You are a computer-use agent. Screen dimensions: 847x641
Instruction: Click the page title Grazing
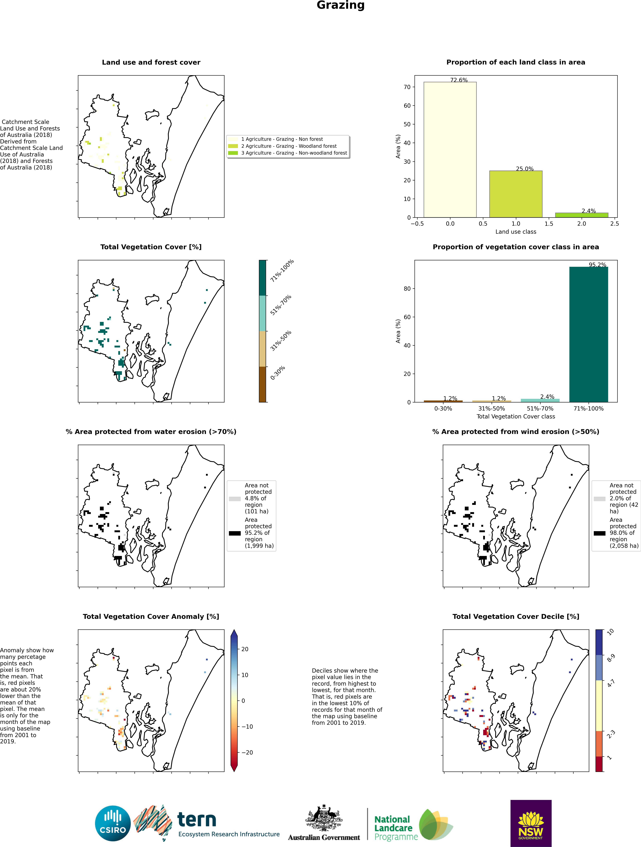[340, 5]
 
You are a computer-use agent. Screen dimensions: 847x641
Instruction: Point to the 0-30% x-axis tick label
[443, 409]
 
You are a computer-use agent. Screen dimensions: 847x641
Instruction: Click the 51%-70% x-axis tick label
[540, 409]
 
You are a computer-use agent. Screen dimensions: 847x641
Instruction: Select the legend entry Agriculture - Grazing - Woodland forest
[289, 146]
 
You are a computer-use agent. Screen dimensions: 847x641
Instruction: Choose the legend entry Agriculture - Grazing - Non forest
[282, 139]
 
